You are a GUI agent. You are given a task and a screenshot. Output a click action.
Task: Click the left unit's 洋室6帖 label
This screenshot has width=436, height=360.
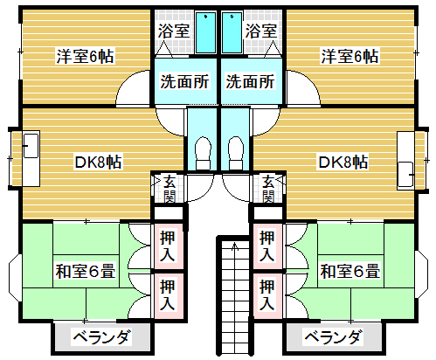[x=85, y=56]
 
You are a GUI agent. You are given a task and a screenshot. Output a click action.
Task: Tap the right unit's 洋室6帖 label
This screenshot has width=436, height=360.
[x=349, y=56]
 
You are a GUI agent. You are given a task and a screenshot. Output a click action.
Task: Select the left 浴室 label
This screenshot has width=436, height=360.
[x=174, y=31]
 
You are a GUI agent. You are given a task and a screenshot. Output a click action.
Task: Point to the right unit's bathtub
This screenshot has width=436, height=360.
[x=232, y=32]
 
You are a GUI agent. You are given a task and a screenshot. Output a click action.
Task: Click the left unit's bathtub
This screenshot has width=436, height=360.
[x=205, y=32]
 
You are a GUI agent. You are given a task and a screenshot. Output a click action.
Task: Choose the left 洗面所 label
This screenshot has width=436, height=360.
[x=184, y=81]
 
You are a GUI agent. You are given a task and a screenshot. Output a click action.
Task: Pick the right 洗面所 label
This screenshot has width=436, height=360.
[x=250, y=81]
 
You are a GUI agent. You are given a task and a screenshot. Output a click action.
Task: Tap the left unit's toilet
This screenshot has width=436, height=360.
[x=204, y=153]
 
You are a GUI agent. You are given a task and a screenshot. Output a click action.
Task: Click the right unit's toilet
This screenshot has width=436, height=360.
[x=235, y=153]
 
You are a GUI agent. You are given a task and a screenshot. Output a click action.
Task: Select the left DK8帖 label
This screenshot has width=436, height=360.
[x=98, y=162]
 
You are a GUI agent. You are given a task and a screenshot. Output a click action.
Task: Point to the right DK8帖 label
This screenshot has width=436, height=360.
[x=343, y=162]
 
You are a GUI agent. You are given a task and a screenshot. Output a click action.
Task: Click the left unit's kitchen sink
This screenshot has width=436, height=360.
[x=31, y=146]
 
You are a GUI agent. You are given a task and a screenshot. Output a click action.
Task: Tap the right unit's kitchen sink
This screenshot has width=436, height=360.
[x=406, y=174]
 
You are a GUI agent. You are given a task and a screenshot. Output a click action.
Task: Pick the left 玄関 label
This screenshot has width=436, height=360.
[x=170, y=189]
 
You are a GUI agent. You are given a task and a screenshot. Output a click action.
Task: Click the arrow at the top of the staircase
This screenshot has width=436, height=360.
[x=235, y=247]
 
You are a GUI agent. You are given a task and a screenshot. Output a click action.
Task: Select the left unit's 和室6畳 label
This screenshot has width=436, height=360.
[x=86, y=271]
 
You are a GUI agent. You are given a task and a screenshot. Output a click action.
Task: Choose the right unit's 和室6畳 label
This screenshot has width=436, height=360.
[x=350, y=271]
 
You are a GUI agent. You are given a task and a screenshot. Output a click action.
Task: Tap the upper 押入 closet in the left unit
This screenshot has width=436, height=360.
[x=168, y=246]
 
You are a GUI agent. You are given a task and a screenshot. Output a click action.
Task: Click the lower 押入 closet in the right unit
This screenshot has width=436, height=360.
[x=267, y=295]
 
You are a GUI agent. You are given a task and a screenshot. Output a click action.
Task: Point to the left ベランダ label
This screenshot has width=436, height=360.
[x=102, y=337]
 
